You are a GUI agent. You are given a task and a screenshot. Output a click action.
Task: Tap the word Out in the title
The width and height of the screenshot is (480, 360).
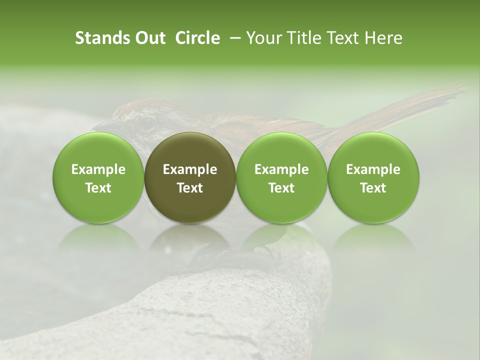pos(148,38)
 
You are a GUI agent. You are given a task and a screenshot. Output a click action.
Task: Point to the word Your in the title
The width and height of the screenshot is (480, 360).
pos(263,38)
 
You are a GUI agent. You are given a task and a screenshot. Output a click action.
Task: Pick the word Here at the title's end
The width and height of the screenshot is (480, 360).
pos(383,38)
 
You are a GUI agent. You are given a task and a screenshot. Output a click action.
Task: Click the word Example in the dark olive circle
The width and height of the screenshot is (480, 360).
pos(190,169)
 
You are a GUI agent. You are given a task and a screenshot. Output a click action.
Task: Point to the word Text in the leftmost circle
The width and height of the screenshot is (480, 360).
pos(98,188)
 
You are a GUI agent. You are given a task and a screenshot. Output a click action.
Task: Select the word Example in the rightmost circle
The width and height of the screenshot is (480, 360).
pos(373,169)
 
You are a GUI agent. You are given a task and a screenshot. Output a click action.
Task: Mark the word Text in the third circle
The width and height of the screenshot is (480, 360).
pos(281,188)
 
